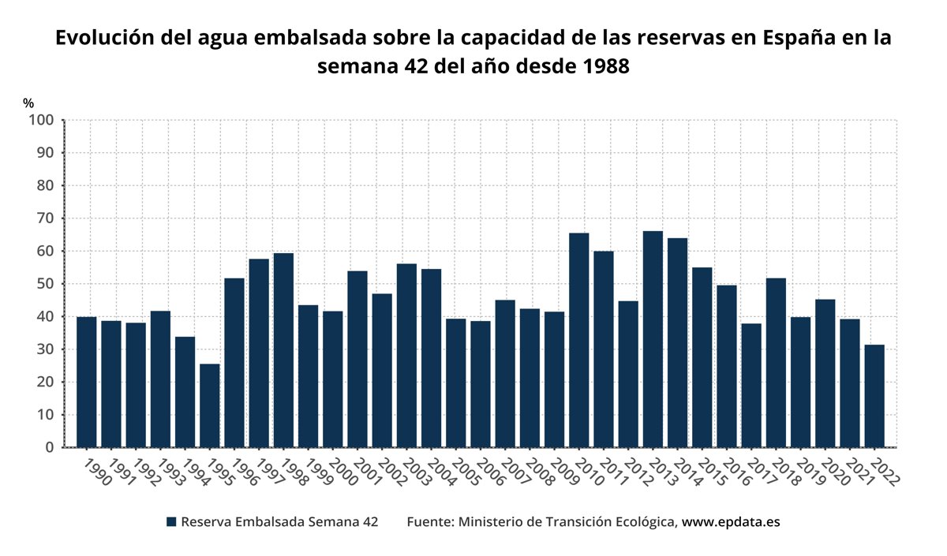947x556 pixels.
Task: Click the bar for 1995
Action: (x=209, y=405)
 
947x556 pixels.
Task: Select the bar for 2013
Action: (x=653, y=339)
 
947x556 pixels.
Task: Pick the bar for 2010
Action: (x=578, y=340)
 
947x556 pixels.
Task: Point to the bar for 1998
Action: (x=283, y=350)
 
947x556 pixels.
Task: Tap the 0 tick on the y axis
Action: (x=49, y=447)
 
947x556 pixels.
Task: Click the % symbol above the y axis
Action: (x=28, y=103)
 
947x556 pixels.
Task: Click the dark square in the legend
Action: (x=170, y=522)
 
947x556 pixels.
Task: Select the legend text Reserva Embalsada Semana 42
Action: (x=279, y=522)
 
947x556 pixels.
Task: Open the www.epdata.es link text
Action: (x=731, y=522)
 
